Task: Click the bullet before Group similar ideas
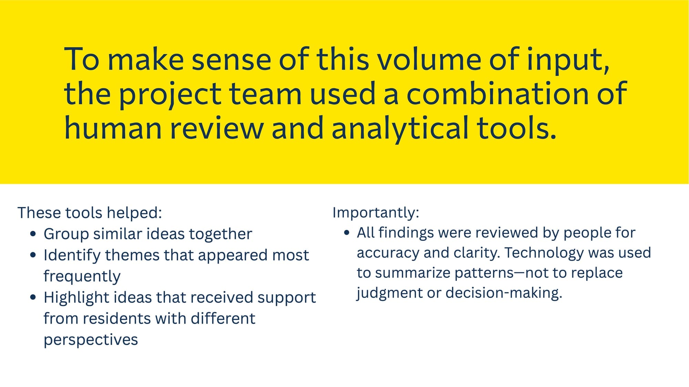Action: (x=33, y=234)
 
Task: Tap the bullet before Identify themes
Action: (x=33, y=255)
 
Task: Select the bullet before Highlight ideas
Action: (x=33, y=298)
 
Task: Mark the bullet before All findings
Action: (x=347, y=233)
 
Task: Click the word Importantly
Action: (x=376, y=213)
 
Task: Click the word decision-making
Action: (x=504, y=293)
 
